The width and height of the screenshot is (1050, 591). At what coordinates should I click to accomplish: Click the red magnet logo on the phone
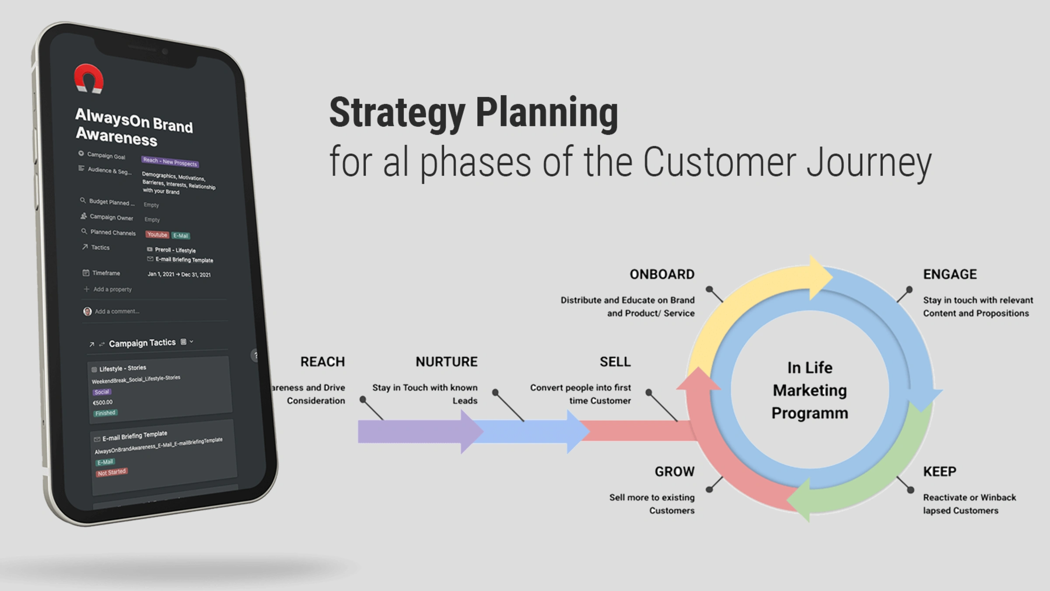[x=89, y=79]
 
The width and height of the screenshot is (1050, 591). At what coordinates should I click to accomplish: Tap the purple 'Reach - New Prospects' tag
[x=170, y=162]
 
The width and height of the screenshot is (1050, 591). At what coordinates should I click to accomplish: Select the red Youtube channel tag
[x=157, y=235]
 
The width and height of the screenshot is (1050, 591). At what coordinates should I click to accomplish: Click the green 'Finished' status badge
[x=105, y=413]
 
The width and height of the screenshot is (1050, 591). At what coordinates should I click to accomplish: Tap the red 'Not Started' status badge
[x=112, y=472]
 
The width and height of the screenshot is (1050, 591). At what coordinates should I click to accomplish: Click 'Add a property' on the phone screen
[x=112, y=289]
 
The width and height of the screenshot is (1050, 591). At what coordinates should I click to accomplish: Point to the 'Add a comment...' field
[x=117, y=311]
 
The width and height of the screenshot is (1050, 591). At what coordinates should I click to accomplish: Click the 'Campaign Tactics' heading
[x=142, y=343]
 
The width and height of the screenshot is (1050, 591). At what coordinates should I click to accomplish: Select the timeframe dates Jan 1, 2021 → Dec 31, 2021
[x=179, y=274]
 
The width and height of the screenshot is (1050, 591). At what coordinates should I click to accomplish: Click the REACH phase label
[x=322, y=362]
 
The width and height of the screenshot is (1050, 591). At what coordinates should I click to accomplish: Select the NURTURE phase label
[x=446, y=362]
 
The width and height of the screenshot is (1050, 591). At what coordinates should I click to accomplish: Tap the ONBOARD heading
[x=661, y=274]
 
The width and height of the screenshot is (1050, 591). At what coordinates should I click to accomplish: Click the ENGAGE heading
[x=950, y=274]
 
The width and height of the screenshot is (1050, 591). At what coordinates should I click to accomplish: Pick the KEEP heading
[x=939, y=472]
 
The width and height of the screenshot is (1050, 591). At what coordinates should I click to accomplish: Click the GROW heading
[x=674, y=472]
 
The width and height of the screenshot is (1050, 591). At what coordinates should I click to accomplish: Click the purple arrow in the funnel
[x=416, y=432]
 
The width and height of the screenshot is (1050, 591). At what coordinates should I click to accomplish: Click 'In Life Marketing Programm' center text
[x=809, y=390]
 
